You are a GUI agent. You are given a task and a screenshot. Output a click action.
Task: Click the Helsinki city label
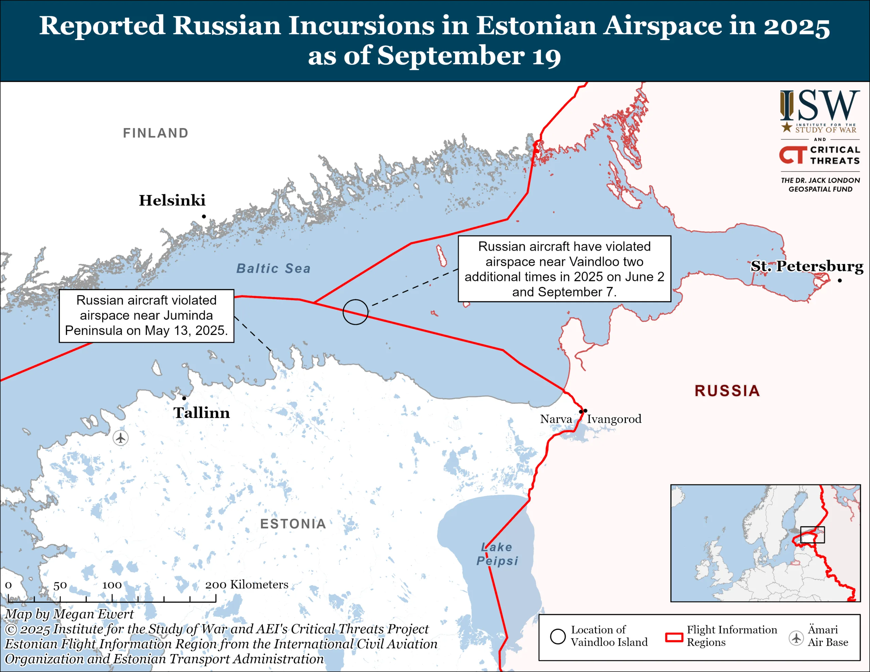(x=172, y=200)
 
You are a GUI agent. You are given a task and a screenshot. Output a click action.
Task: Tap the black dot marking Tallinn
(x=184, y=398)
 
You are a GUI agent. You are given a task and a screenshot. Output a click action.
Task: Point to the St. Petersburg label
(x=807, y=266)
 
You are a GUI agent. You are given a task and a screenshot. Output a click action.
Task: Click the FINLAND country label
(x=156, y=133)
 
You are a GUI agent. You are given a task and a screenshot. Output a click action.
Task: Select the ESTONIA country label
(x=293, y=524)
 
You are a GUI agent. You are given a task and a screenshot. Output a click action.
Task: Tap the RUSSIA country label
(x=727, y=391)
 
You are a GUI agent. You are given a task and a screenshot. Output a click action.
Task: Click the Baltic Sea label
(x=273, y=268)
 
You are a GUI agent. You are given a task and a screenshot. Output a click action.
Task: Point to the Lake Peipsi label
(x=497, y=554)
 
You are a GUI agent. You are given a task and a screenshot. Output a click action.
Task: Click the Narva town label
(x=556, y=419)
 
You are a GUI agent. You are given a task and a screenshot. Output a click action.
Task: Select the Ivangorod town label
(x=614, y=419)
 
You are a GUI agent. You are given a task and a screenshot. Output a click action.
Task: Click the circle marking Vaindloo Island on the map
(x=355, y=312)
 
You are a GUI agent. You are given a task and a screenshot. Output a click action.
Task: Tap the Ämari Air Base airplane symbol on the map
(x=120, y=438)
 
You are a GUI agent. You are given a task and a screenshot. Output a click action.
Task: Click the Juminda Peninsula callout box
(x=146, y=316)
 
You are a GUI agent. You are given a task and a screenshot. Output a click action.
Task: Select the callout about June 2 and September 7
(x=564, y=269)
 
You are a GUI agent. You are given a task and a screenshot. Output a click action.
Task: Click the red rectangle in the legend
(x=674, y=637)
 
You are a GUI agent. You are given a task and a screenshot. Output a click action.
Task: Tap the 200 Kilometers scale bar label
(x=247, y=584)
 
